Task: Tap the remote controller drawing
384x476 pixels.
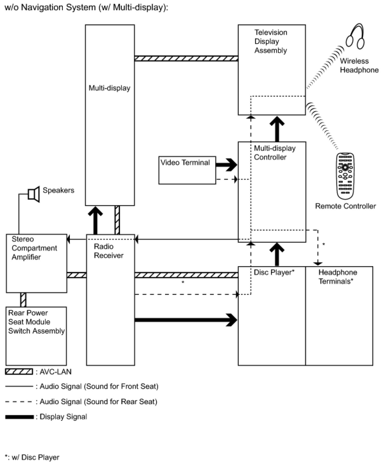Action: click(345, 176)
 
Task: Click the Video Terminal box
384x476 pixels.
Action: click(187, 170)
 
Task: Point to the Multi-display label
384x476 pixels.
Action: click(109, 88)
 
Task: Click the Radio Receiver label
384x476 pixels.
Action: click(109, 251)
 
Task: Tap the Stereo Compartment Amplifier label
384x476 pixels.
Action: click(34, 248)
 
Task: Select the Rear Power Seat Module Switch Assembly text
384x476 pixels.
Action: click(36, 322)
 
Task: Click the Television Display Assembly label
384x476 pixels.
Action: click(271, 41)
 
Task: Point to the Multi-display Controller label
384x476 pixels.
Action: click(275, 153)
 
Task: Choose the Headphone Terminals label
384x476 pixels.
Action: click(338, 276)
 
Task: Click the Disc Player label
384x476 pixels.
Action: click(274, 272)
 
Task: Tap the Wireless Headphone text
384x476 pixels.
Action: click(359, 65)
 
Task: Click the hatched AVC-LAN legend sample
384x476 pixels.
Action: click(19, 372)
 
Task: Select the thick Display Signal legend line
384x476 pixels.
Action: click(19, 417)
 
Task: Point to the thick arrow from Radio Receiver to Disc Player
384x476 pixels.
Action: click(186, 320)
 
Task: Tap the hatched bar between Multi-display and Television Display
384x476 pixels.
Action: click(186, 58)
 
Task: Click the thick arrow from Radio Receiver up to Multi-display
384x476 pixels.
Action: click(95, 220)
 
